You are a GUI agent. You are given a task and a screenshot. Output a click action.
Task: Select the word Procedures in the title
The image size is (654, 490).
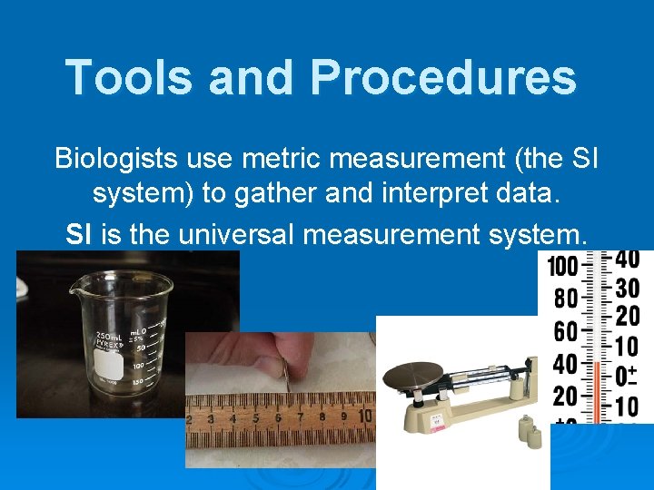point(444,77)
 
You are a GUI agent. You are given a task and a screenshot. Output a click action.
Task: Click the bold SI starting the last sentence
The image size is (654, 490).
point(79,235)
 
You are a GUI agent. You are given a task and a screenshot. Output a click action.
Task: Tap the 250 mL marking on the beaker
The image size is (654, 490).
point(107,336)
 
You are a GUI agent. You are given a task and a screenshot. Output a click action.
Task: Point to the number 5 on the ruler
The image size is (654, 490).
point(256,418)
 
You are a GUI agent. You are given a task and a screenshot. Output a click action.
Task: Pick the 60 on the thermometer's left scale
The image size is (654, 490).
point(565,332)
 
